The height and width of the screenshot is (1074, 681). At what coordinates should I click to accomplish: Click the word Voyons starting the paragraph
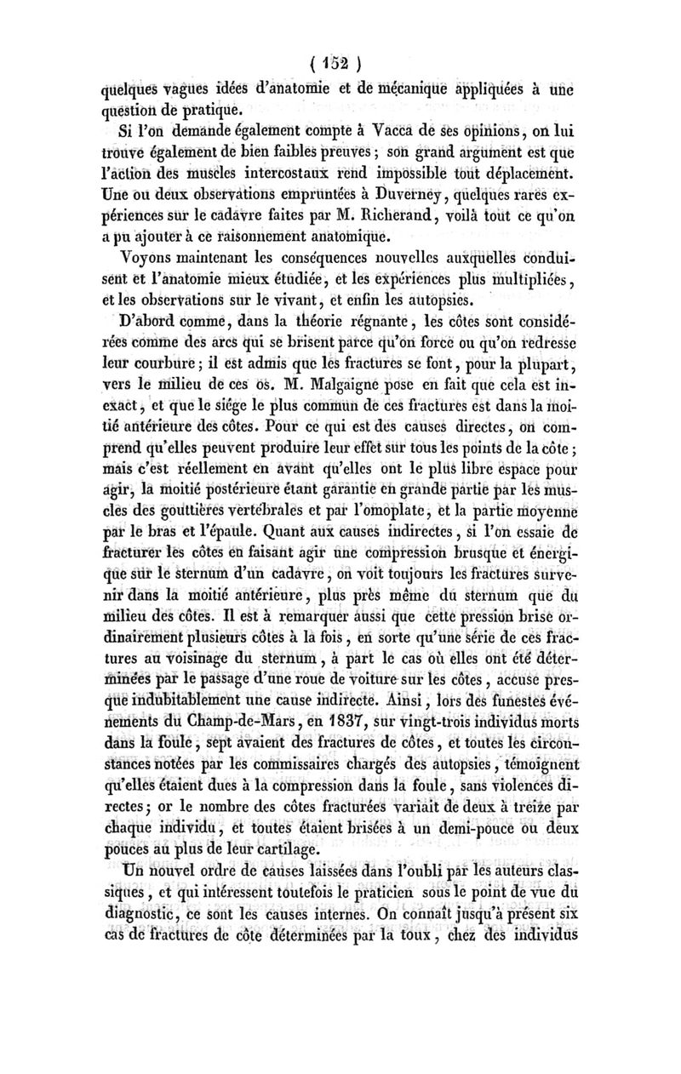click(151, 255)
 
